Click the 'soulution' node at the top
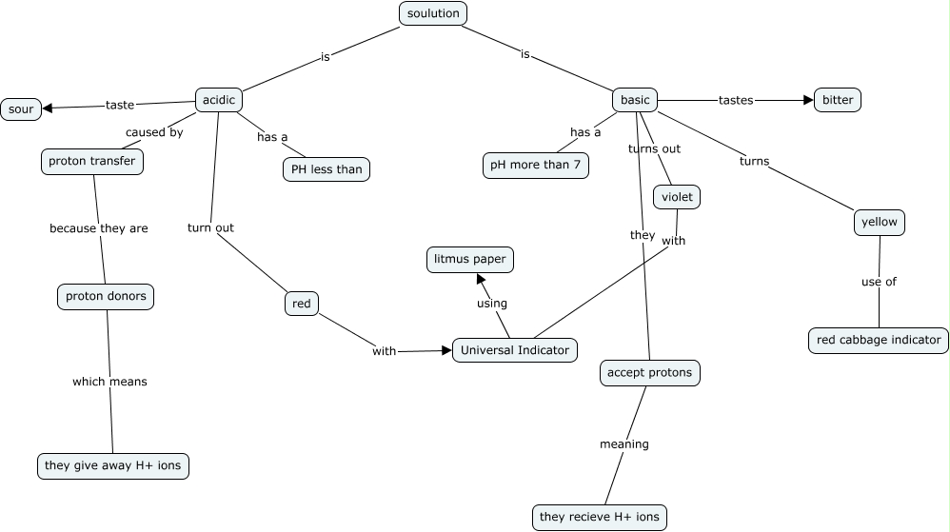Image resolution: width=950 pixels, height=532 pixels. tap(433, 13)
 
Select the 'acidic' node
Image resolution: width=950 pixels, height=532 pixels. tap(219, 100)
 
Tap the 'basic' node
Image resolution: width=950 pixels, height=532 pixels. tap(635, 100)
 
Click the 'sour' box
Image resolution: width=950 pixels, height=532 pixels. tap(21, 109)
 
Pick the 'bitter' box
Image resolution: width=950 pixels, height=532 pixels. tap(838, 100)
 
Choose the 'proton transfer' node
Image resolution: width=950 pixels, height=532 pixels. tap(92, 161)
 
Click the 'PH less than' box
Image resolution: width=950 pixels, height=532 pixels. tap(327, 169)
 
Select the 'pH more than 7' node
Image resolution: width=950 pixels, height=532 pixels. tap(536, 165)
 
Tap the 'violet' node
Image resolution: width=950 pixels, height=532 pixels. tap(677, 197)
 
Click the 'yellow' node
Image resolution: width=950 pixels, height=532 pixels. tap(879, 222)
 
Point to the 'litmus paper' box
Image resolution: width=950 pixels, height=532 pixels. tap(469, 259)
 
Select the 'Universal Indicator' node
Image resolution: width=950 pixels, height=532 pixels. tap(514, 350)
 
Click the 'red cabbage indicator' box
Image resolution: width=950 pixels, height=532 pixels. tap(878, 340)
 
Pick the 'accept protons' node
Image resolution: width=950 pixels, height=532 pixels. tap(649, 373)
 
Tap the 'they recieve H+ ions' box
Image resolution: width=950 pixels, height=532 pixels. tap(599, 517)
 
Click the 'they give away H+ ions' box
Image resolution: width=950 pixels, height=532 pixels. tap(113, 465)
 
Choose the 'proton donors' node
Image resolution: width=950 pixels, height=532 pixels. tap(106, 296)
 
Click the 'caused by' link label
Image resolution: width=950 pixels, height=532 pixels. tap(154, 132)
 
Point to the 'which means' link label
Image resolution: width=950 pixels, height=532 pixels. tap(109, 382)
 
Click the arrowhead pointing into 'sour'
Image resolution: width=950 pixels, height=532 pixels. tap(48, 108)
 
